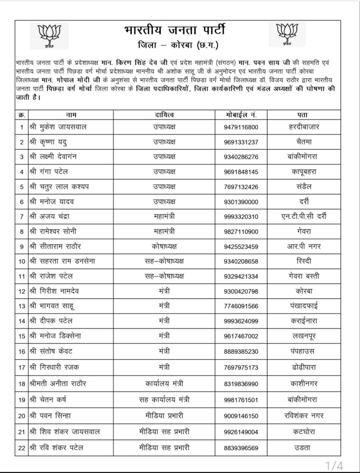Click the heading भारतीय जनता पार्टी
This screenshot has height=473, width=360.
click(174, 30)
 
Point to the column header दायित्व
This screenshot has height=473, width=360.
click(164, 115)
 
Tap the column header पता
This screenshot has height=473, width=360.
click(303, 115)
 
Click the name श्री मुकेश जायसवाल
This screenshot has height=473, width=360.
click(58, 127)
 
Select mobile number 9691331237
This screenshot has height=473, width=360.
click(241, 142)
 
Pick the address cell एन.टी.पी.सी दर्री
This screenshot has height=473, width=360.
click(304, 217)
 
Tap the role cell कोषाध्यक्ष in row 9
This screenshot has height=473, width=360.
click(164, 247)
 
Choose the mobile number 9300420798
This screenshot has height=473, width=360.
click(241, 291)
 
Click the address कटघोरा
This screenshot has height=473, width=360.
click(304, 432)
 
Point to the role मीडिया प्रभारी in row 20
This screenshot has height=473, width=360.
click(164, 416)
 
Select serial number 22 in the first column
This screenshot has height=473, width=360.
click(22, 448)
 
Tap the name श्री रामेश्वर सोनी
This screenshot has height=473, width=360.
click(55, 232)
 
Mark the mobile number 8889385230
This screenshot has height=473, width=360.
click(241, 351)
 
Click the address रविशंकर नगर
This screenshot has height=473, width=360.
click(304, 416)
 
